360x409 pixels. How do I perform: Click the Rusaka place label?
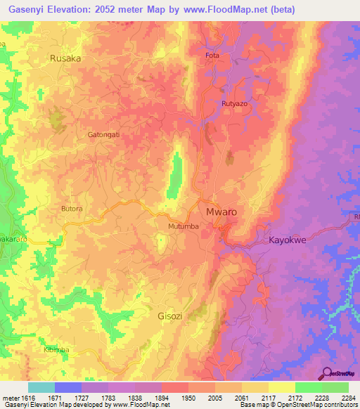tap(65, 59)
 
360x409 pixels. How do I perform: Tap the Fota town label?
tap(212, 56)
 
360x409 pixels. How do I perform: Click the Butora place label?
tap(72, 209)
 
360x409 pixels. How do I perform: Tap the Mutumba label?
tap(184, 226)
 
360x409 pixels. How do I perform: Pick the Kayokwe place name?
tap(288, 240)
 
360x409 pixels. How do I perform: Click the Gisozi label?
tap(169, 316)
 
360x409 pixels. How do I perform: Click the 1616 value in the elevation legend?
tap(27, 397)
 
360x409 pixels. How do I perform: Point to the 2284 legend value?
tap(349, 397)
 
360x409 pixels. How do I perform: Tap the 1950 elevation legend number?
tap(188, 397)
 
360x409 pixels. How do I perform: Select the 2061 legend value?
tap(241, 397)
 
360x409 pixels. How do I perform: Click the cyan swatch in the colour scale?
tap(41, 387)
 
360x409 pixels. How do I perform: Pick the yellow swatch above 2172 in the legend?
tap(282, 387)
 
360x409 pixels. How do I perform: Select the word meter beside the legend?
tap(11, 397)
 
